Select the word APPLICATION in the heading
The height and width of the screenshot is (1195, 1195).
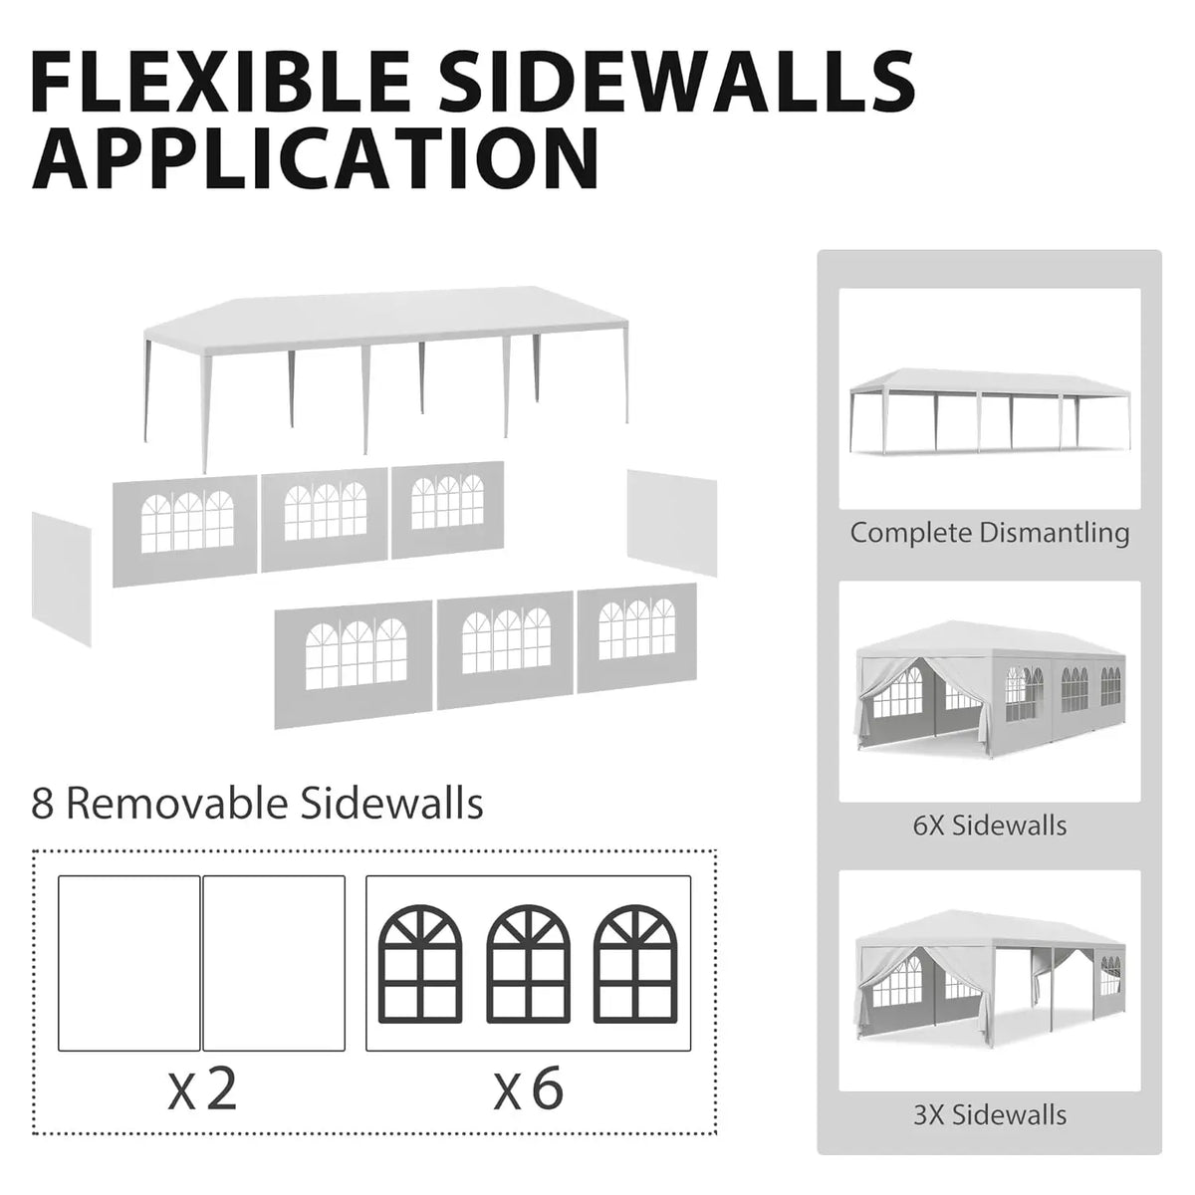(x=315, y=157)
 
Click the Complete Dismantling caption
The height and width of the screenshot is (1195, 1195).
(x=989, y=533)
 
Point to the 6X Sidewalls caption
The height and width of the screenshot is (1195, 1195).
(x=990, y=825)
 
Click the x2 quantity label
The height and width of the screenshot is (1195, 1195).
(x=203, y=1088)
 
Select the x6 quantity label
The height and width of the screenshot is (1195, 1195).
(x=529, y=1088)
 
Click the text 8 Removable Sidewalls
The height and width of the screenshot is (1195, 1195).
(x=257, y=805)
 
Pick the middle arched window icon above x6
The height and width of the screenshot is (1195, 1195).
(x=528, y=965)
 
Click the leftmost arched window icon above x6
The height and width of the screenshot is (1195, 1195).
(x=420, y=965)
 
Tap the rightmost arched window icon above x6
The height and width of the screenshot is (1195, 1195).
(x=635, y=965)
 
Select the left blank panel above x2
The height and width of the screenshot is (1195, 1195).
(x=129, y=963)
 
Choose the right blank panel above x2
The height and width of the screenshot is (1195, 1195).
(x=274, y=963)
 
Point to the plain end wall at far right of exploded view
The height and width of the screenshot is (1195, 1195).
(x=671, y=522)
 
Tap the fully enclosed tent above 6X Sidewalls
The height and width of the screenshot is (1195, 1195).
(x=990, y=689)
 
